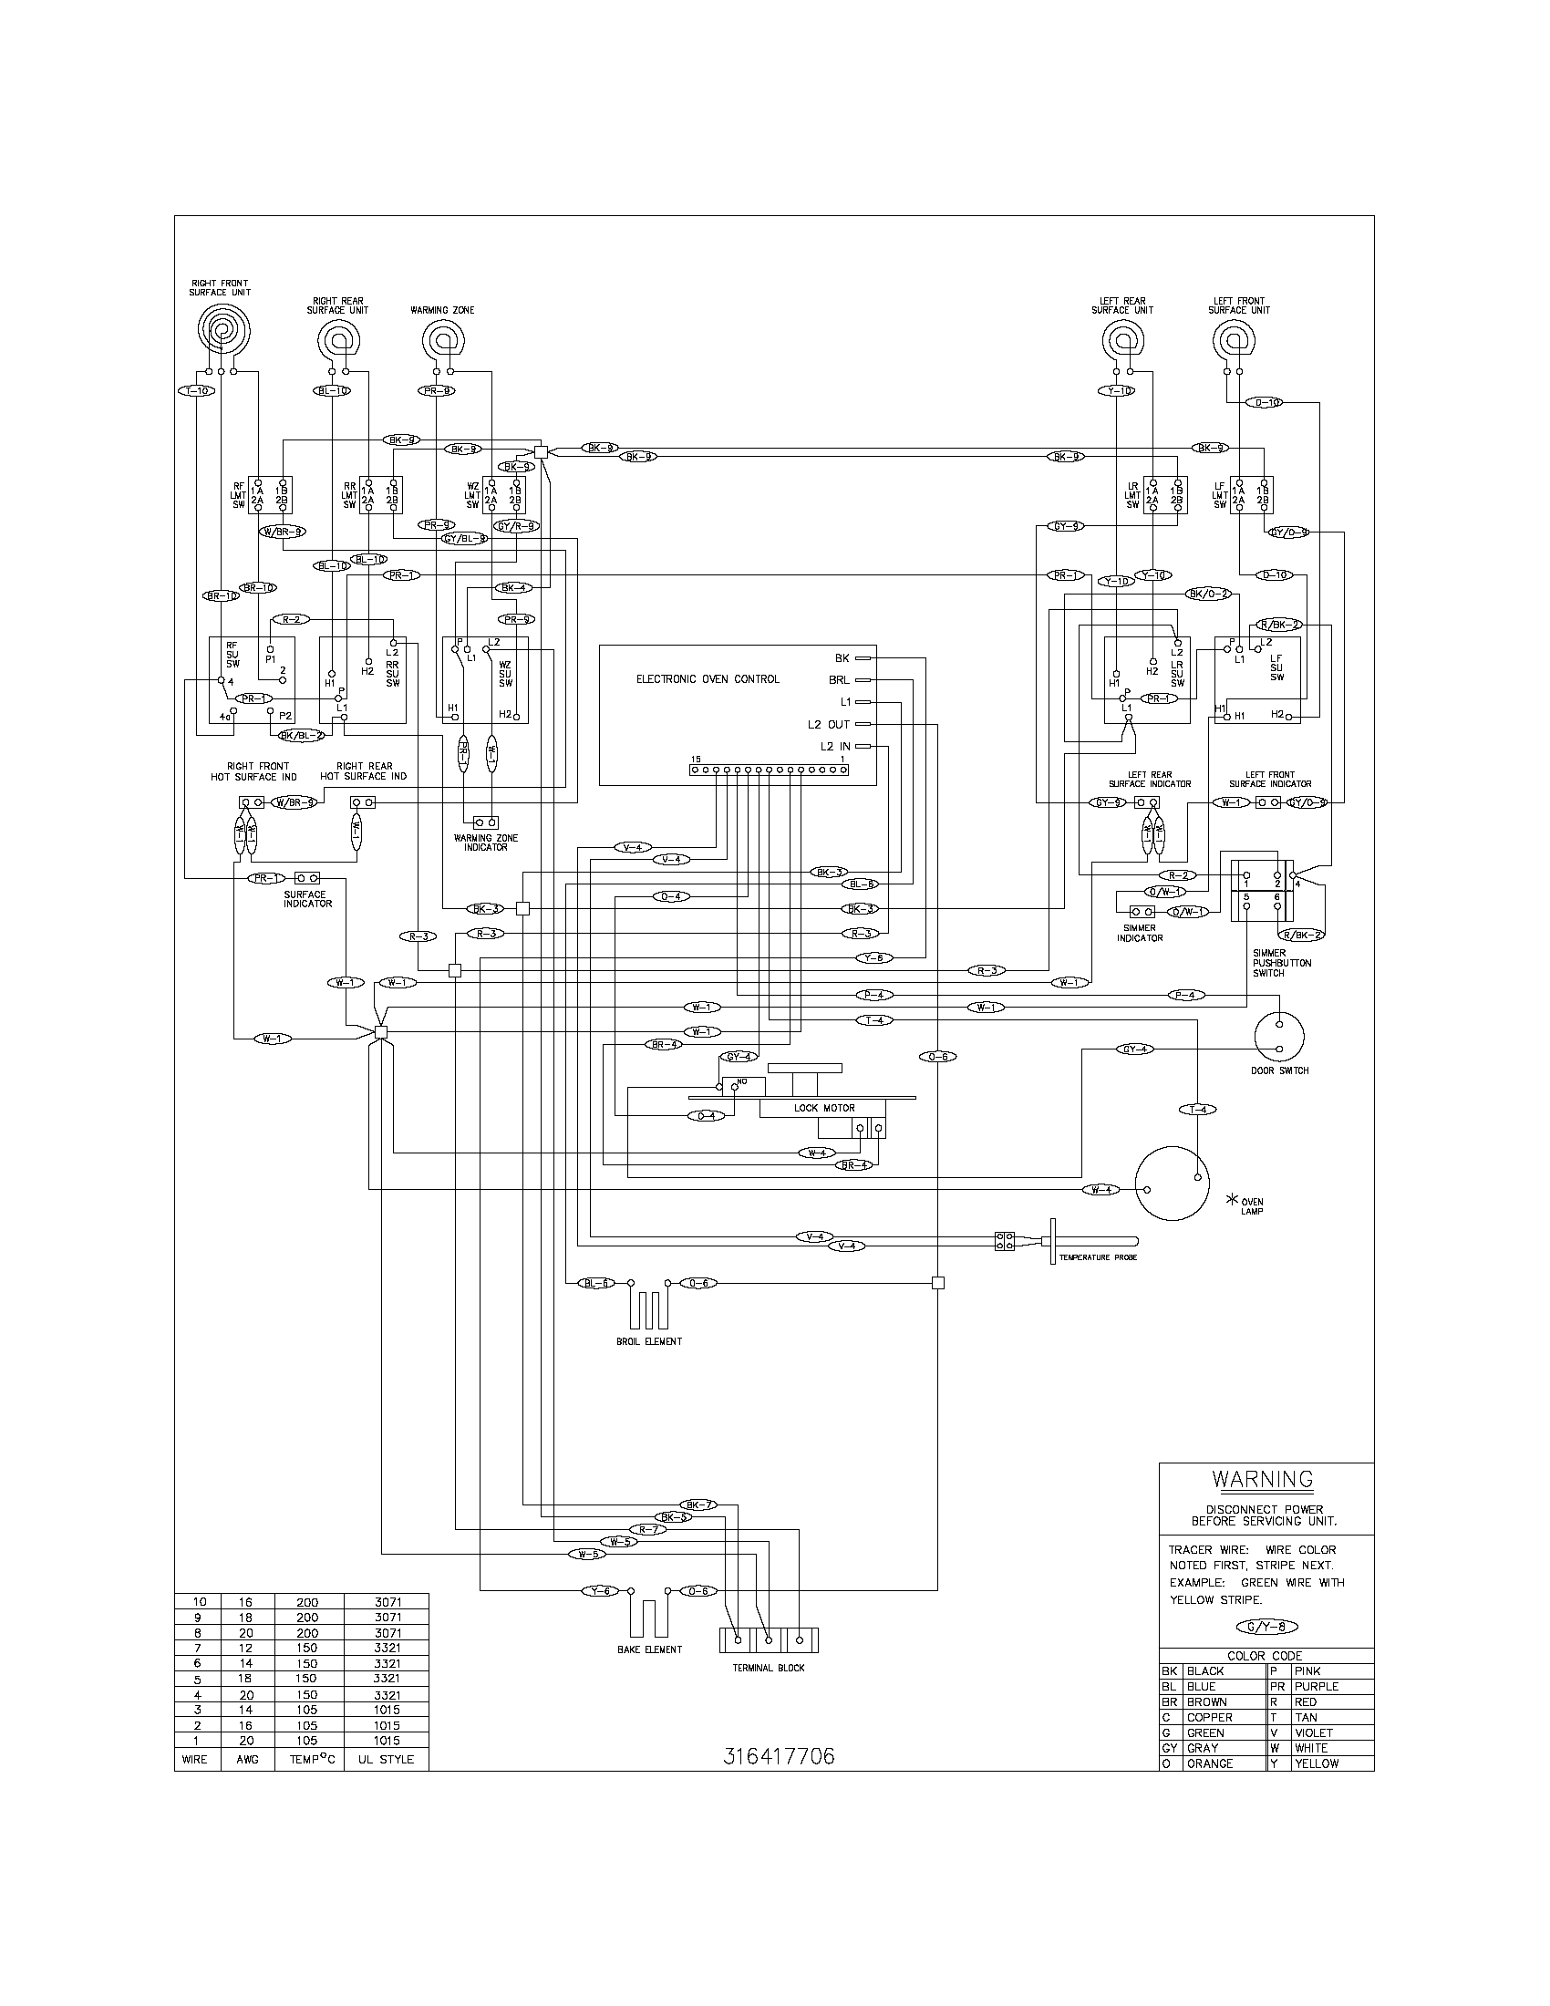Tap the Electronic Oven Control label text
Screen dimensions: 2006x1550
click(707, 678)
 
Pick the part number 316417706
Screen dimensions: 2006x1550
click(779, 1756)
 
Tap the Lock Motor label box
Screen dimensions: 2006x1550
click(823, 1108)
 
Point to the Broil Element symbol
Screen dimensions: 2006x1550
click(648, 1306)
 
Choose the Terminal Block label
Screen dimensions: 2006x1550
click(769, 1668)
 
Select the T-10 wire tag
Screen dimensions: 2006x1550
click(195, 390)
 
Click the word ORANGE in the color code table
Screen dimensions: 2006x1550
click(1209, 1763)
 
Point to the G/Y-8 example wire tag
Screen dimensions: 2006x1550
click(1267, 1628)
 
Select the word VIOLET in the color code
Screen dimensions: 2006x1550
click(1314, 1732)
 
